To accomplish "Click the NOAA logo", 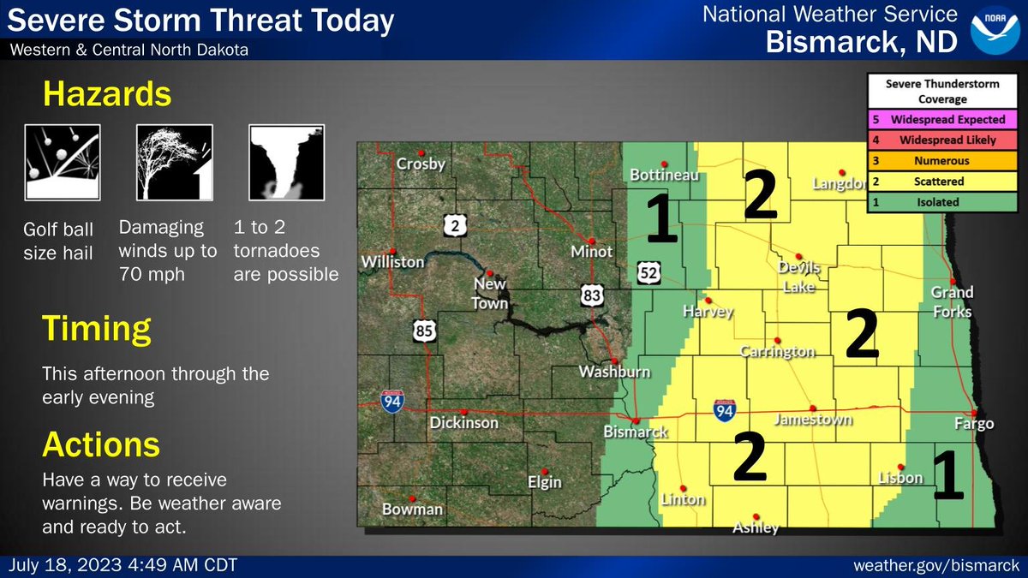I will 994,30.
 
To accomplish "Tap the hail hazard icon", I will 63,162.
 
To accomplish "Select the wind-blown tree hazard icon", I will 174,162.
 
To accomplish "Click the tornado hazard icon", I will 285,162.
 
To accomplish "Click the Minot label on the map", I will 592,252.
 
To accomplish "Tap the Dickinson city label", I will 463,422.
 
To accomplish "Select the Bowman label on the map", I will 413,509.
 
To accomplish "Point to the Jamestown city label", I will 813,420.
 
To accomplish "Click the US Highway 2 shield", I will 455,226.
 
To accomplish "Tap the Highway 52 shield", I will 648,273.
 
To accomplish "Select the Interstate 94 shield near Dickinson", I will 393,401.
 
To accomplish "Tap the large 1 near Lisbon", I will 948,477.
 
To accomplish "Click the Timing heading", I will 97,328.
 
